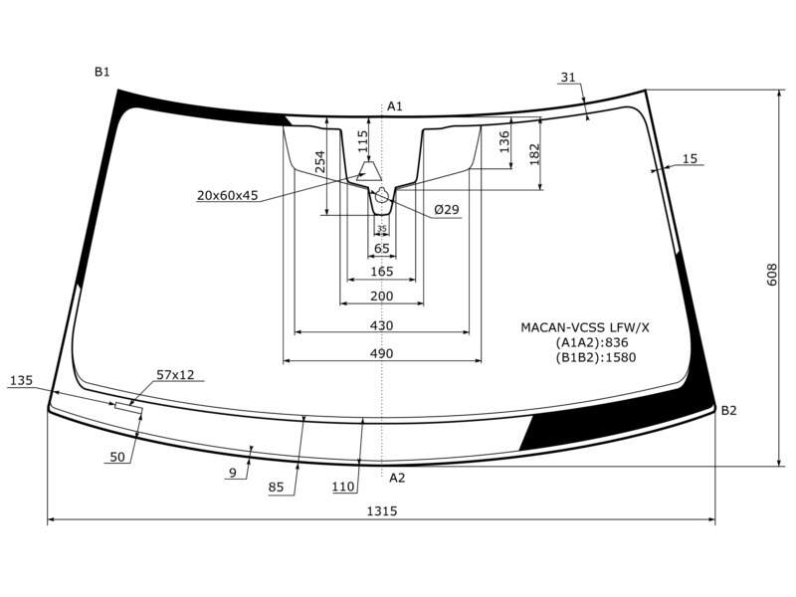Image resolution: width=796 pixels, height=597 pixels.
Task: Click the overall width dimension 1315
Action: [382, 510]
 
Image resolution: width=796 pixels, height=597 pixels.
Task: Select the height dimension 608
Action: [772, 275]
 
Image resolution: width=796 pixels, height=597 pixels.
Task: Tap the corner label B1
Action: [102, 72]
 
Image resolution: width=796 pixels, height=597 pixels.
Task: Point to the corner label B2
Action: [728, 410]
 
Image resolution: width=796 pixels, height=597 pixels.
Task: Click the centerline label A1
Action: [395, 106]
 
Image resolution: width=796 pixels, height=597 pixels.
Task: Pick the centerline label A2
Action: [397, 478]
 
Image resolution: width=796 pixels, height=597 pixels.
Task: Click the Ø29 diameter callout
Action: [447, 209]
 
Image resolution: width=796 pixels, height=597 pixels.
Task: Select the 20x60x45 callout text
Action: [228, 195]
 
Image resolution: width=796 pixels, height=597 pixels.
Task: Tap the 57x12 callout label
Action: [175, 375]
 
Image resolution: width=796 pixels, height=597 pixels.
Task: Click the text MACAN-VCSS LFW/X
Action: [585, 327]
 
